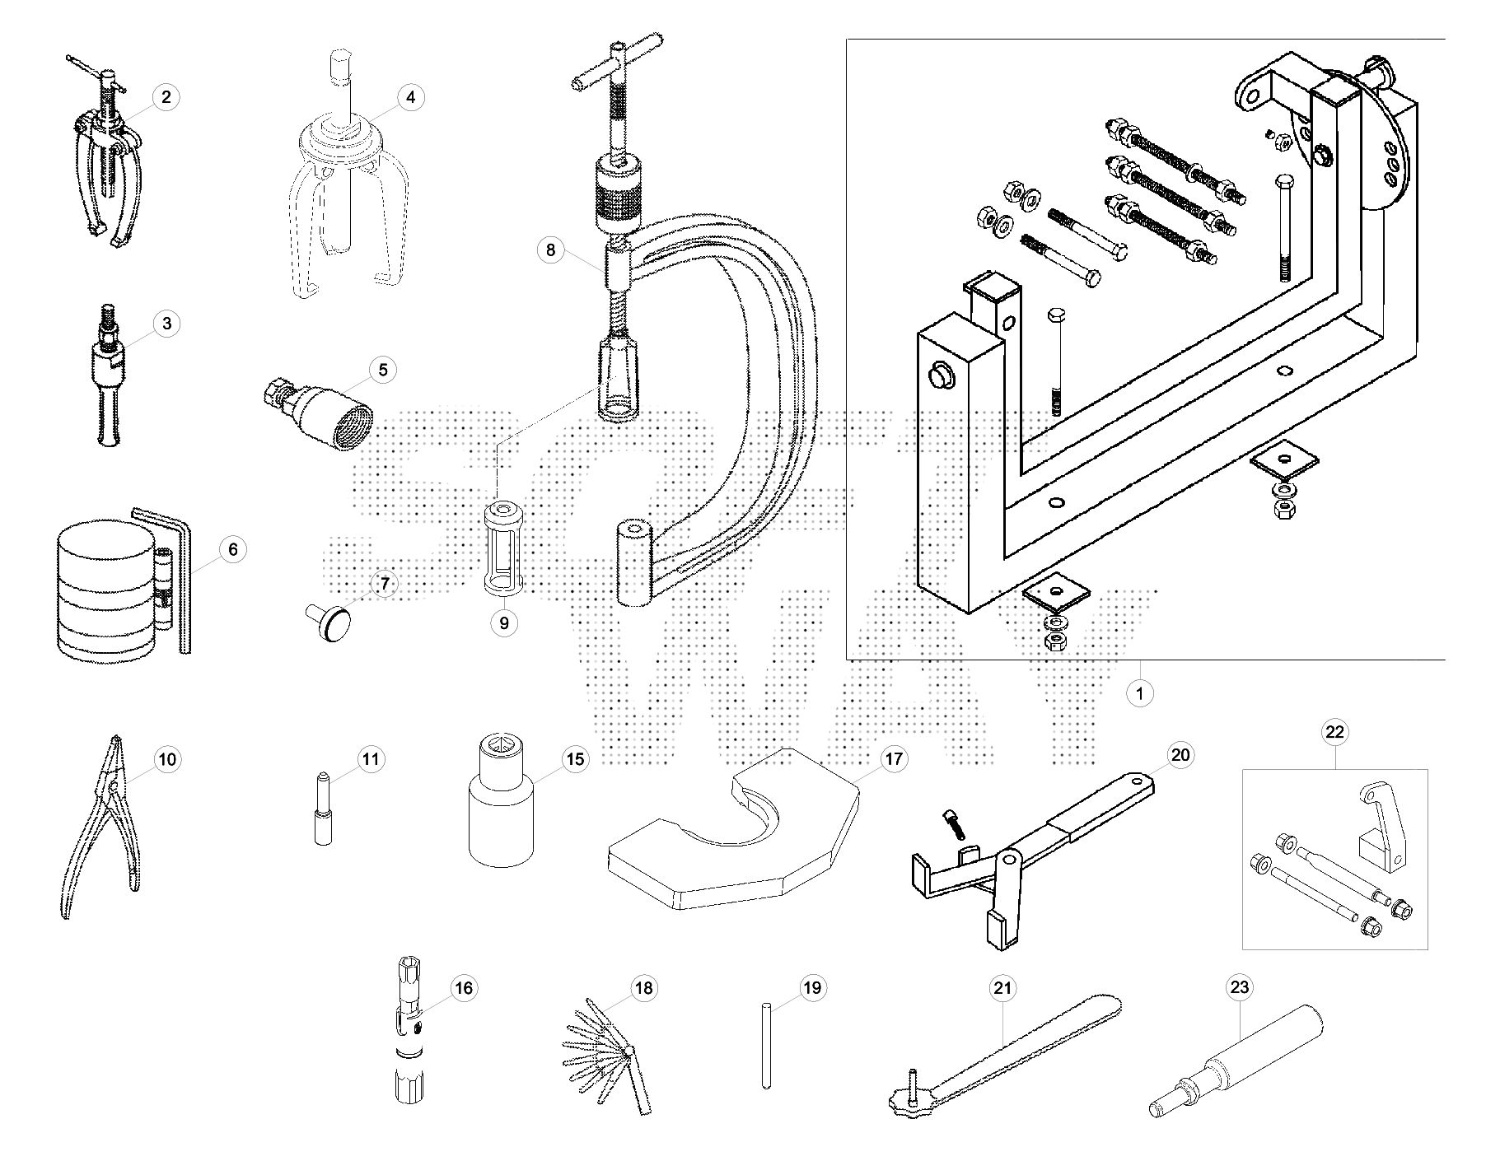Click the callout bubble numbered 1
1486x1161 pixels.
point(1139,693)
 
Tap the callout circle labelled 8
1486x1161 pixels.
point(550,249)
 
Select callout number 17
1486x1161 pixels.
point(894,759)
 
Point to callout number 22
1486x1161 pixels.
point(1334,731)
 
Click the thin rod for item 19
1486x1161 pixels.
point(767,1045)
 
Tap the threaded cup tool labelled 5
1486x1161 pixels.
point(318,412)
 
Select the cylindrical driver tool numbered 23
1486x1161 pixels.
point(1236,1062)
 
